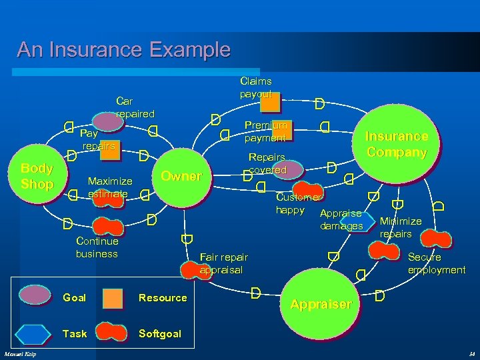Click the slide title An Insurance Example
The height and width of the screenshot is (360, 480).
tap(123, 50)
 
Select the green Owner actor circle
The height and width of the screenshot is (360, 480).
tap(181, 176)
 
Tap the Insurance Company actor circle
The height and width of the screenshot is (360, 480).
tap(396, 144)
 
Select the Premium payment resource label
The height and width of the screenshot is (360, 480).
tap(267, 131)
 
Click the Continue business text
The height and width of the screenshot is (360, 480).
tap(97, 247)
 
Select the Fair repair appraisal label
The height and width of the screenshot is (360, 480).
tap(223, 263)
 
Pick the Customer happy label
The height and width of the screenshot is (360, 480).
tap(299, 204)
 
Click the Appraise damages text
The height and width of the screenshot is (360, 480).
tap(341, 220)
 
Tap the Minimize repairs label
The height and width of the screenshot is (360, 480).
tap(400, 227)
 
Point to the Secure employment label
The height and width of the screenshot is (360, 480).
tap(437, 263)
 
